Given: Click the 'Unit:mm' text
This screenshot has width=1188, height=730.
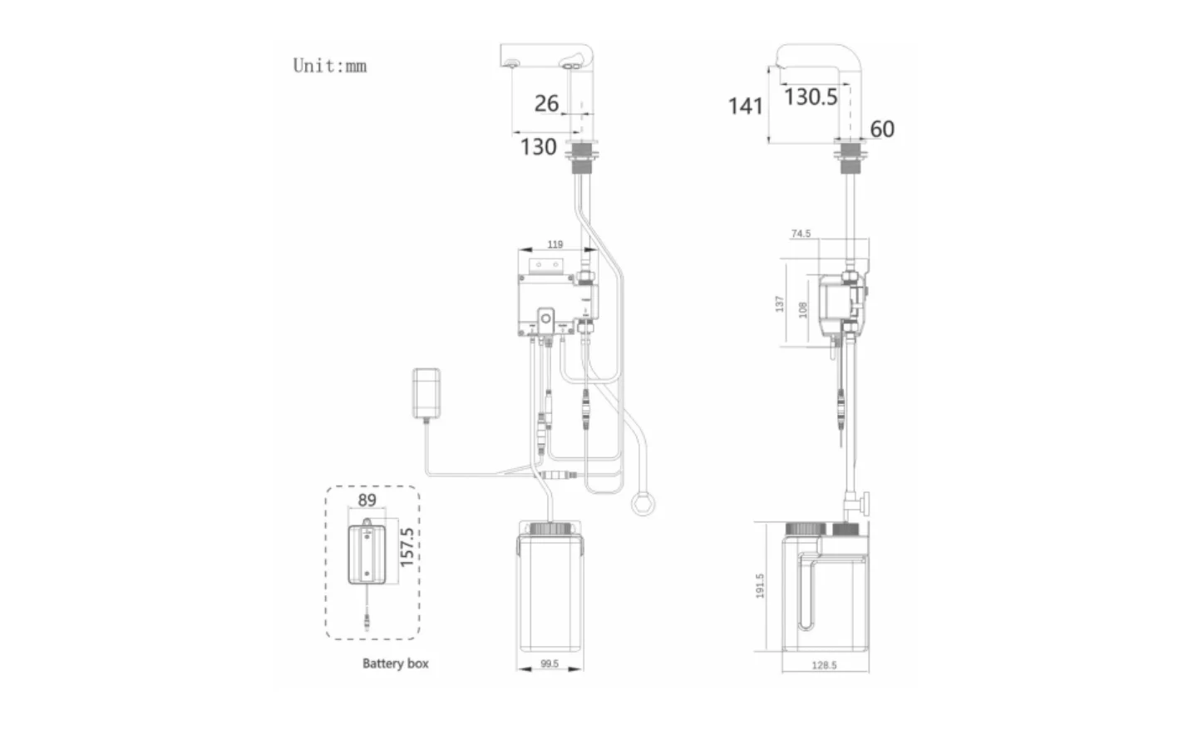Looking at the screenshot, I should (329, 66).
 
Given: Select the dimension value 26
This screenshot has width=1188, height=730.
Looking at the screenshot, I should (546, 103).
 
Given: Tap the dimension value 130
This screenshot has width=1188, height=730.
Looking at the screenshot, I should (538, 147).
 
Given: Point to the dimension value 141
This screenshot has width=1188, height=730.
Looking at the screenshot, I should (745, 106).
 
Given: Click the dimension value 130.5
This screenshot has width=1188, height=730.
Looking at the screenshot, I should (811, 97).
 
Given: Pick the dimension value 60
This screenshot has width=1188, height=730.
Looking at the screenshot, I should (882, 130).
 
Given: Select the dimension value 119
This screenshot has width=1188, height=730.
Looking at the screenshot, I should (555, 244).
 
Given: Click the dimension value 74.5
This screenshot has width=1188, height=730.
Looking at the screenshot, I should (801, 234).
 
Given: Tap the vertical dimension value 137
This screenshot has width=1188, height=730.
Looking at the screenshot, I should (779, 303).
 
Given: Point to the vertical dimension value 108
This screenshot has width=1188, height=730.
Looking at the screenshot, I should (802, 309).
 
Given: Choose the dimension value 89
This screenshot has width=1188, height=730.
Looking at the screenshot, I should (367, 501).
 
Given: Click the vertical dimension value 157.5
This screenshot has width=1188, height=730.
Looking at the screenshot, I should (407, 547).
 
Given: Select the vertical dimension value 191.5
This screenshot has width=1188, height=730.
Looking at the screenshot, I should (760, 585).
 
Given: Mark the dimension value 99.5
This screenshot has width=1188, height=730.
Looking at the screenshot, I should (550, 664).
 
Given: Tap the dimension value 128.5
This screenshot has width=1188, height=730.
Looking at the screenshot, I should (824, 665).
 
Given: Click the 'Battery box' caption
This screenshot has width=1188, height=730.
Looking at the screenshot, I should (395, 663).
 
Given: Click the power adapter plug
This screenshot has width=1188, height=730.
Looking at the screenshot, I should (428, 393).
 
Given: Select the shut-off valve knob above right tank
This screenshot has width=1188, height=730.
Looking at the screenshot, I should (865, 504).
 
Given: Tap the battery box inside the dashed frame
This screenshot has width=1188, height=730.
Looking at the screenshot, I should (366, 553).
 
